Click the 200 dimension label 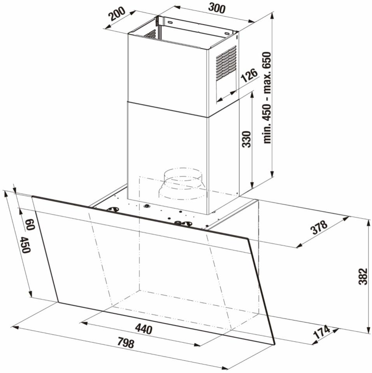[117, 14]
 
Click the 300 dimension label [216, 9]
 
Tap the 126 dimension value [249, 76]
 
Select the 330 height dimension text [246, 139]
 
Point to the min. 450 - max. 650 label [267, 98]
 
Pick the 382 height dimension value [363, 277]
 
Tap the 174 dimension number [321, 333]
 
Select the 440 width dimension [144, 329]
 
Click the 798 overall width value [126, 343]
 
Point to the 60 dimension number [30, 225]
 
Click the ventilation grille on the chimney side [226, 63]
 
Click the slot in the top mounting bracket [170, 22]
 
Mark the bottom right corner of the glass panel [275, 345]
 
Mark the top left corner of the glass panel [32, 196]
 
